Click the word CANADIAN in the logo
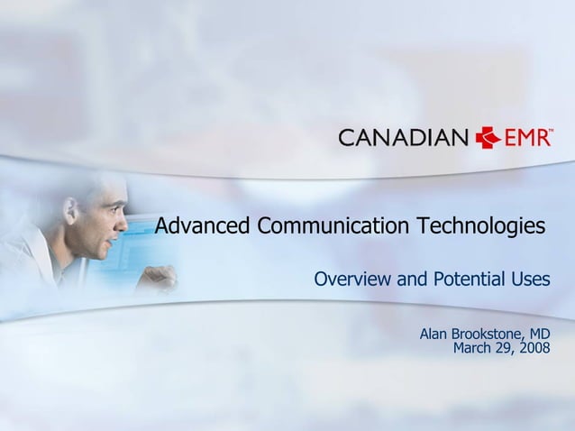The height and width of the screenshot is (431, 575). (x=403, y=138)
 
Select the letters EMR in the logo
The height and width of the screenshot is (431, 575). (x=525, y=138)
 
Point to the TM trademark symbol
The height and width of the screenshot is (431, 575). (x=551, y=131)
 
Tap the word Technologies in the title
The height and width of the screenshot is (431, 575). (x=482, y=225)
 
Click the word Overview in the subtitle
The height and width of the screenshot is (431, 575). (x=353, y=280)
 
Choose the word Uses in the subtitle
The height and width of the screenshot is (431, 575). (x=529, y=280)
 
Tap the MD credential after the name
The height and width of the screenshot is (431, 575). (x=540, y=335)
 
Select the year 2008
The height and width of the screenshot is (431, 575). (x=534, y=348)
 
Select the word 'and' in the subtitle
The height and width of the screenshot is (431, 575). (x=411, y=280)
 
